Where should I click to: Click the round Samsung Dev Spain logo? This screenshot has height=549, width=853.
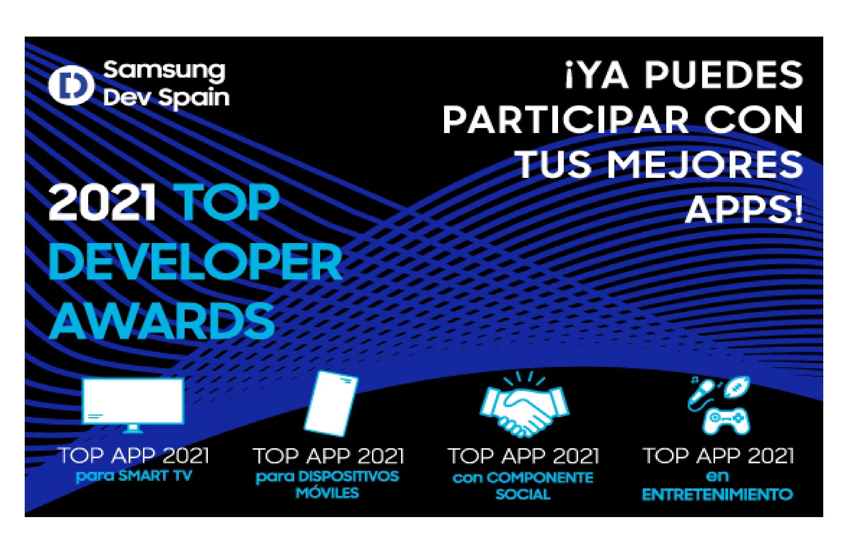[71, 85]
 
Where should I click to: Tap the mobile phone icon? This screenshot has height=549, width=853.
[331, 404]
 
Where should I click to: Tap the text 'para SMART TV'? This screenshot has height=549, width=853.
[134, 476]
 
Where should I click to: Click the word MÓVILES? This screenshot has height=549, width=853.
[327, 493]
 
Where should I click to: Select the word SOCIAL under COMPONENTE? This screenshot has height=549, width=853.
[523, 494]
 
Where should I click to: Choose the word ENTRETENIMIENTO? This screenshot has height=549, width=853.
[717, 495]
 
